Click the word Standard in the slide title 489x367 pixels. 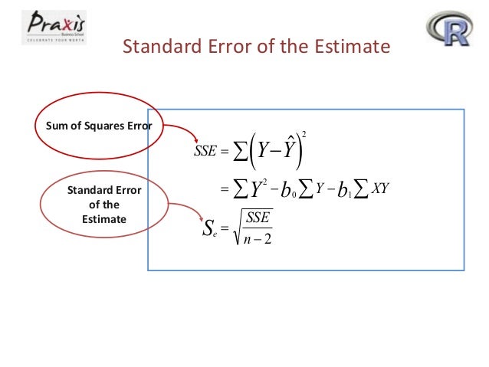click(156, 48)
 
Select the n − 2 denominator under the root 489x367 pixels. click(258, 238)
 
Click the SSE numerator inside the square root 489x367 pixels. click(258, 218)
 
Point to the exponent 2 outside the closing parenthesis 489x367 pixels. click(304, 134)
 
